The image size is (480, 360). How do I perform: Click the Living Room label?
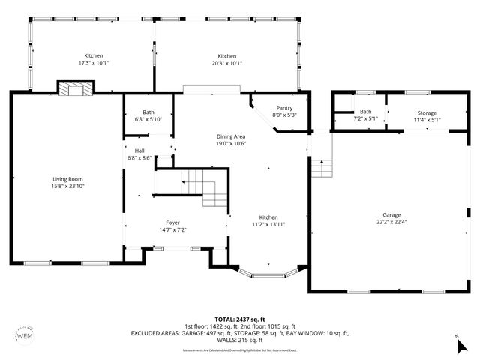pos(67,179)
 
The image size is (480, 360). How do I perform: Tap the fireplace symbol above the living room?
pos(76,90)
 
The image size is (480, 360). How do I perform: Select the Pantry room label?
pos(284,108)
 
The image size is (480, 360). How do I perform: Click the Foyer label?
pos(173,223)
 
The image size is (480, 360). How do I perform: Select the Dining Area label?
pos(231,136)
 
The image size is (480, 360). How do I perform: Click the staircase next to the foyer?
pos(201,188)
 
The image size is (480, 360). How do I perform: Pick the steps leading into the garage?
pos(321,168)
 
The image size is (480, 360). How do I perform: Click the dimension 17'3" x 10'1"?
pos(93,64)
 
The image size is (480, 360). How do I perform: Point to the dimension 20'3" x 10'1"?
pos(227,64)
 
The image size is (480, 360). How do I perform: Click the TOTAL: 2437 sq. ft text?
pos(239,319)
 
